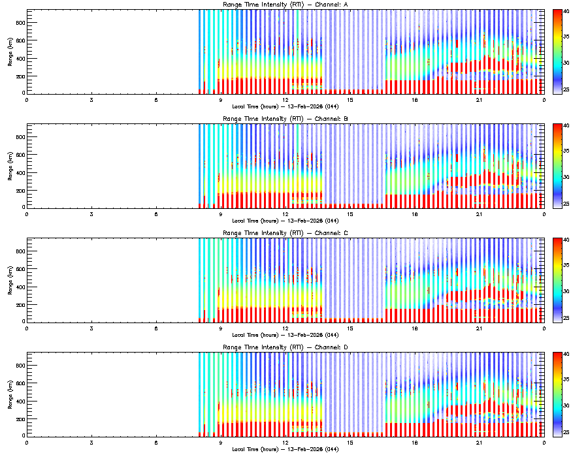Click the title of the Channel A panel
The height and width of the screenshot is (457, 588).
pyautogui.click(x=285, y=5)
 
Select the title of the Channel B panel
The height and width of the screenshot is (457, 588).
pyautogui.click(x=285, y=119)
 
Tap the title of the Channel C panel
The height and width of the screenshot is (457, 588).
pyautogui.click(x=285, y=233)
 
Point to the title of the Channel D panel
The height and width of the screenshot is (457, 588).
pyautogui.click(x=285, y=347)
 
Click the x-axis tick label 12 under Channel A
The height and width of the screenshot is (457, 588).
pyautogui.click(x=286, y=100)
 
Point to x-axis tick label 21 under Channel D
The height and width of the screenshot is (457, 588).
pyautogui.click(x=480, y=442)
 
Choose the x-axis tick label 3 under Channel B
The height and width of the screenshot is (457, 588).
pyautogui.click(x=91, y=214)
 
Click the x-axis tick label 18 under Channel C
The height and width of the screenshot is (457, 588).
pyautogui.click(x=415, y=328)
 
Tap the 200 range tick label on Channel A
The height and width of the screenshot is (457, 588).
pyautogui.click(x=20, y=76)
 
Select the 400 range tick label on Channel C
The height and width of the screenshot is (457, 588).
pyautogui.click(x=20, y=286)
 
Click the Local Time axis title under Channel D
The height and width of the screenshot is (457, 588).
pyautogui.click(x=285, y=449)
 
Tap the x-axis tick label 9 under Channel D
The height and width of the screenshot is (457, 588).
pyautogui.click(x=221, y=442)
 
